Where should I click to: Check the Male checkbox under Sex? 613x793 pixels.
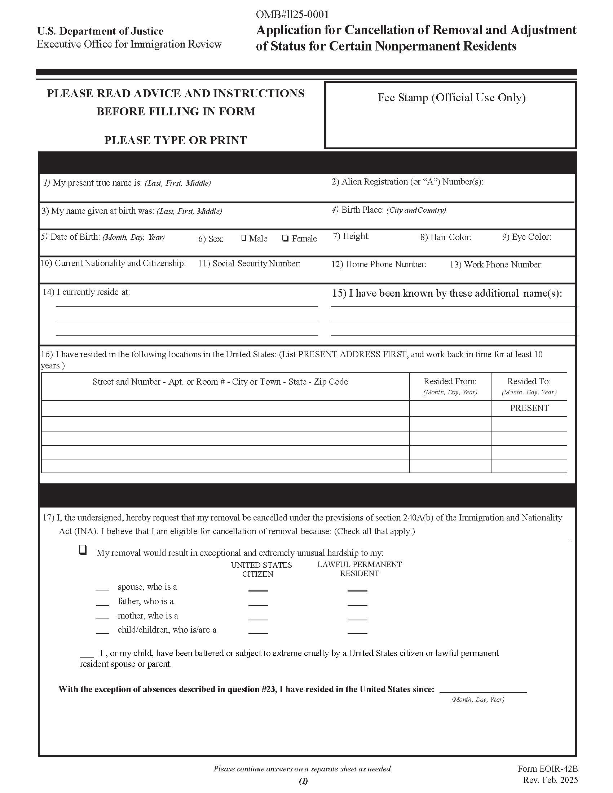click(x=244, y=238)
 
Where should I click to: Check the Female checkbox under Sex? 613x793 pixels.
click(x=286, y=239)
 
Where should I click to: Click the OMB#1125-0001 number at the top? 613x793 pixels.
click(x=292, y=14)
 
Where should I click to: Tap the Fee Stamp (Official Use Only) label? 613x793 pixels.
click(x=451, y=97)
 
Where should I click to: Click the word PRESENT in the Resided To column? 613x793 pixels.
click(x=529, y=408)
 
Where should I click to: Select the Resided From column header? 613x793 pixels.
click(x=450, y=382)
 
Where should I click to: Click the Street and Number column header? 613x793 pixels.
click(x=220, y=382)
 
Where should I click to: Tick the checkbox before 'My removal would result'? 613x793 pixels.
click(x=83, y=550)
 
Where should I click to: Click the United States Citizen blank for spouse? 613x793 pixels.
click(x=258, y=590)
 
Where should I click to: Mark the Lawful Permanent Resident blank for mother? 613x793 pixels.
click(x=357, y=619)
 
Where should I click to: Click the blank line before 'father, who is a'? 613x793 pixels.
click(x=102, y=604)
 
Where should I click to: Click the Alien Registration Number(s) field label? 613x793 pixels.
click(x=407, y=182)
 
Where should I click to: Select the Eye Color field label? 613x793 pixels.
click(x=526, y=237)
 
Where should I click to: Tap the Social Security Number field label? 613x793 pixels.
click(x=249, y=263)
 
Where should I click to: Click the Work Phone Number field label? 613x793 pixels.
click(x=496, y=265)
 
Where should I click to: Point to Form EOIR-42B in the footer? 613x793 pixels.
click(x=547, y=769)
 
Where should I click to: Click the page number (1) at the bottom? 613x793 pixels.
click(x=303, y=781)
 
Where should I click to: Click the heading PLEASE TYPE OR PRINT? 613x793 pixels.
click(x=175, y=140)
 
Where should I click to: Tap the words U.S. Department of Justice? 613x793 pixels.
click(x=100, y=31)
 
